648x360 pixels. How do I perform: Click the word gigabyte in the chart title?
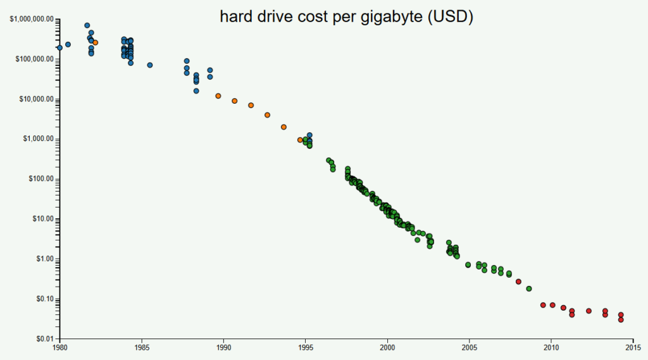click(x=387, y=18)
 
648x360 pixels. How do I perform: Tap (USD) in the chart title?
click(x=450, y=18)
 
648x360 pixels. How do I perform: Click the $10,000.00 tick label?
click(x=35, y=99)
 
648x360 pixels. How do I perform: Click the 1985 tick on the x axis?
click(x=141, y=347)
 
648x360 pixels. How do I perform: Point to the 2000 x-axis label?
click(x=387, y=347)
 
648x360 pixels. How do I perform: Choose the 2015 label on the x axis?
click(x=633, y=347)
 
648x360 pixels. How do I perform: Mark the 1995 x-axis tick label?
click(x=305, y=347)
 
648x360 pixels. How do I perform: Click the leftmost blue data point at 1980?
click(x=59, y=47)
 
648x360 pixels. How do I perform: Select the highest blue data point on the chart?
click(x=87, y=25)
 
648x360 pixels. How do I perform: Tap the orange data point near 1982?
click(x=96, y=42)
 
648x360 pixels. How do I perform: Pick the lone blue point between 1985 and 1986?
click(x=150, y=65)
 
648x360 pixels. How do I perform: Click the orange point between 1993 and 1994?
click(x=283, y=127)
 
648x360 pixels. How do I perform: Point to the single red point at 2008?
click(x=518, y=282)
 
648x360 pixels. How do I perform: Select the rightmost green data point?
click(x=529, y=289)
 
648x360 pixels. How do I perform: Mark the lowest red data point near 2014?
click(x=621, y=320)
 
